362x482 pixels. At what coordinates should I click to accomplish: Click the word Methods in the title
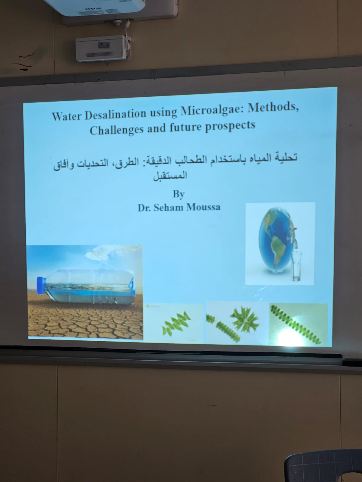tap(273, 108)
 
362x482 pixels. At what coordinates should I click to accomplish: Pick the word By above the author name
tap(179, 194)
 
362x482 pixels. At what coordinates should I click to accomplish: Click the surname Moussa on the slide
tap(203, 207)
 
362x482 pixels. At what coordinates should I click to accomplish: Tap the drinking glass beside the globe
tap(297, 266)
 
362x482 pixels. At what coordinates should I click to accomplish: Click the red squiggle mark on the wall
tap(27, 55)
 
